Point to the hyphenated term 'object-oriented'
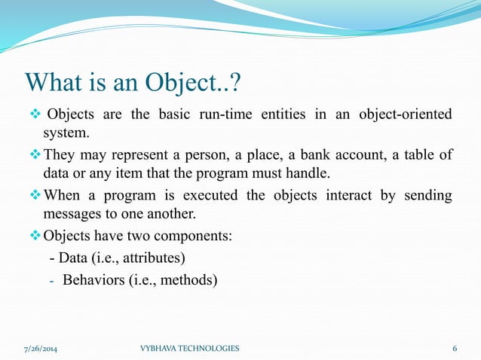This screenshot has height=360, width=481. pyautogui.click(x=412, y=114)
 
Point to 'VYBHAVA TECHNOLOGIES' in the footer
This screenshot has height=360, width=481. pyautogui.click(x=190, y=348)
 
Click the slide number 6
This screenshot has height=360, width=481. pyautogui.click(x=455, y=348)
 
